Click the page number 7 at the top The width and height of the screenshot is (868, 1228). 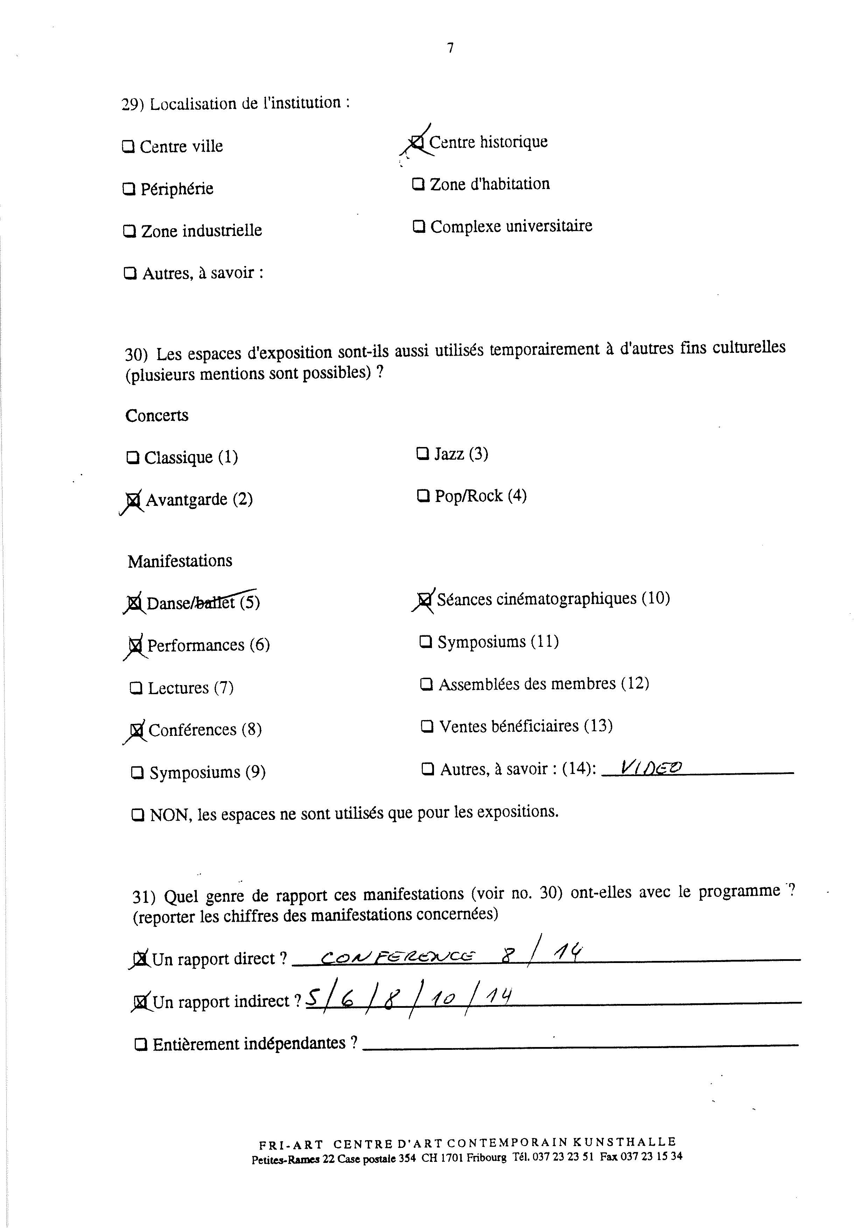450,48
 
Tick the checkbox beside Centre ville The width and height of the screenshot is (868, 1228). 128,147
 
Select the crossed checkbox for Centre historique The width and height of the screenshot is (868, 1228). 417,142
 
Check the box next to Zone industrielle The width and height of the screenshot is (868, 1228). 129,231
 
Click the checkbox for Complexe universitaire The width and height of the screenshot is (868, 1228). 419,227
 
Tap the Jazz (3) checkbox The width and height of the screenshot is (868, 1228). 422,454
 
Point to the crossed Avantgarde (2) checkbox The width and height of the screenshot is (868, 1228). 133,501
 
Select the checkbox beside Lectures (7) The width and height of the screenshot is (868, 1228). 136,688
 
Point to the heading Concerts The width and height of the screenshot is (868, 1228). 157,416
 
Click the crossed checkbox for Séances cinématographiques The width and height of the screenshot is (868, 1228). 425,600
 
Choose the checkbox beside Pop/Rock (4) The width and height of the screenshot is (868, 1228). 423,496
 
